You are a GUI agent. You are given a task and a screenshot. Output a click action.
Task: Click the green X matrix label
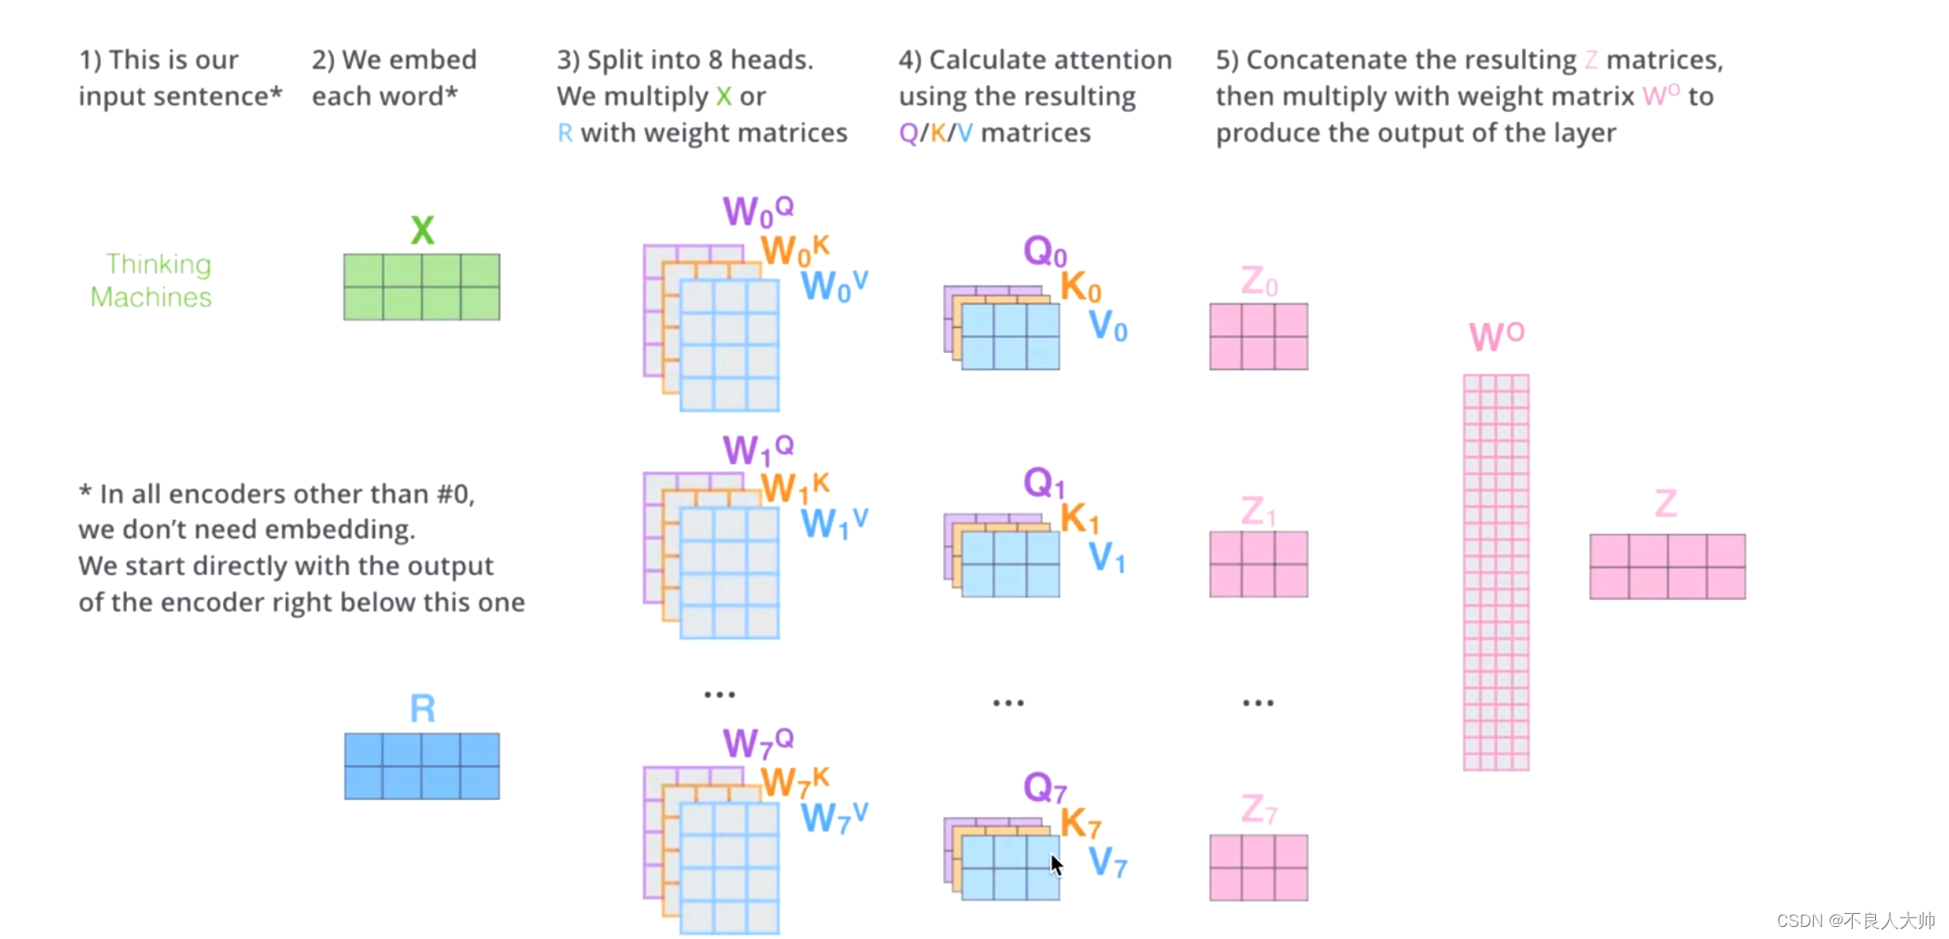click(x=422, y=230)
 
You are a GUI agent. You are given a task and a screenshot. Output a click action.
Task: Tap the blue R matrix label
click(x=422, y=708)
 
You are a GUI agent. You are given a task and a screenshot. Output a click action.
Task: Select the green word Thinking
click(x=158, y=264)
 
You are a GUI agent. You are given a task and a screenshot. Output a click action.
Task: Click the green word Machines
click(x=151, y=297)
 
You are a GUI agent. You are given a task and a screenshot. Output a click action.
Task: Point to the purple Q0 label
click(x=1045, y=251)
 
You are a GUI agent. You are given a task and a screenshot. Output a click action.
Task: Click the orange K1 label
click(x=1078, y=519)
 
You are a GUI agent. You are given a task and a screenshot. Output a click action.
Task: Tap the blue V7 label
click(x=1107, y=862)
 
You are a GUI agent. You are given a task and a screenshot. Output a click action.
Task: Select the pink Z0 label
click(x=1259, y=281)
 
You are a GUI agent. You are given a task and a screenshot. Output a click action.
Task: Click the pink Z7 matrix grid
click(x=1259, y=868)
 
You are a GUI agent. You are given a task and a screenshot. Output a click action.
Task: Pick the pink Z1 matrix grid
click(x=1259, y=564)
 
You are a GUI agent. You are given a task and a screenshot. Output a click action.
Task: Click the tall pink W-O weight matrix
click(x=1496, y=572)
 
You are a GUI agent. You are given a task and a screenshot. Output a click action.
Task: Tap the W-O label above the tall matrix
click(x=1496, y=335)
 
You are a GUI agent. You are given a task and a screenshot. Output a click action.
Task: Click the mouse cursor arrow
click(x=1056, y=865)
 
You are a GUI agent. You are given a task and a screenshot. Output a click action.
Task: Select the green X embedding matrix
click(x=422, y=287)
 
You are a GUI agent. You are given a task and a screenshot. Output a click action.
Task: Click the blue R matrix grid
click(x=422, y=766)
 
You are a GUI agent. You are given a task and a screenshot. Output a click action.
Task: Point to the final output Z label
click(x=1666, y=505)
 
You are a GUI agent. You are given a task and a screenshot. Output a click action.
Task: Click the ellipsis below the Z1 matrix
click(x=1258, y=704)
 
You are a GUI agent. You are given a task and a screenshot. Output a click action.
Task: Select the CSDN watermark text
click(x=1855, y=920)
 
